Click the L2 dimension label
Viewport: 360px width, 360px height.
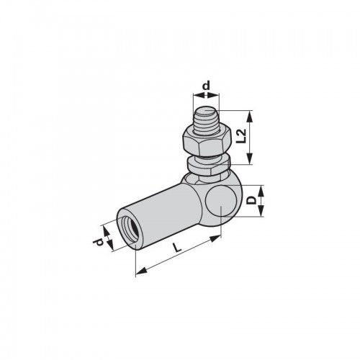pyautogui.click(x=241, y=136)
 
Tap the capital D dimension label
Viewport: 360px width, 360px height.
pyautogui.click(x=252, y=200)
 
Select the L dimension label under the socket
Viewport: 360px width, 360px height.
pyautogui.click(x=177, y=248)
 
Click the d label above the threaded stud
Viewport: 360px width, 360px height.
pyautogui.click(x=206, y=86)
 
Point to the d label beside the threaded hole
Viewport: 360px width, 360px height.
pyautogui.click(x=98, y=242)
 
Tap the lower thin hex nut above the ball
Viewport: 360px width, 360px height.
pyautogui.click(x=208, y=166)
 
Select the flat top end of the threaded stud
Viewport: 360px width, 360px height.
pyautogui.click(x=206, y=112)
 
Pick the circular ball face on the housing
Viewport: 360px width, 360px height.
pyautogui.click(x=221, y=202)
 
